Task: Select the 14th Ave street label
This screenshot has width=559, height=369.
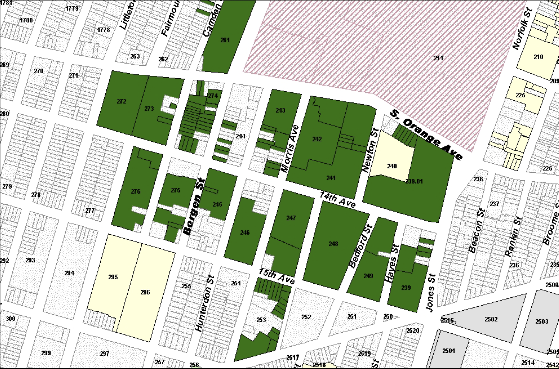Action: pos(337,200)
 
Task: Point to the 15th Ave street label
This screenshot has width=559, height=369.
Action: pos(276,276)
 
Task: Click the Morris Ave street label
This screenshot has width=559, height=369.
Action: pos(290,148)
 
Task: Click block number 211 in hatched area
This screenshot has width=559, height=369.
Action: pos(438,58)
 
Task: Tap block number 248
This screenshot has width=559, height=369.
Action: pos(333,244)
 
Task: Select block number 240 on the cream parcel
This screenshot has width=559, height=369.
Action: pos(392,166)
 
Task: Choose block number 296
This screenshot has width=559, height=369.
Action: pos(145,292)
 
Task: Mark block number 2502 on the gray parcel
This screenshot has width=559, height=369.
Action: pos(491,319)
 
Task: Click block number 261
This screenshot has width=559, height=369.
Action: pos(225,40)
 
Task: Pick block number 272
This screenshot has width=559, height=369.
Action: pos(121,101)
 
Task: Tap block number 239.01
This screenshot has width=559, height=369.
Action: pos(414,181)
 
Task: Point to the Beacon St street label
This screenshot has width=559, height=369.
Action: pos(477,230)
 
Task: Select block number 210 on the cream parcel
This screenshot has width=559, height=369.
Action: pos(538,57)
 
